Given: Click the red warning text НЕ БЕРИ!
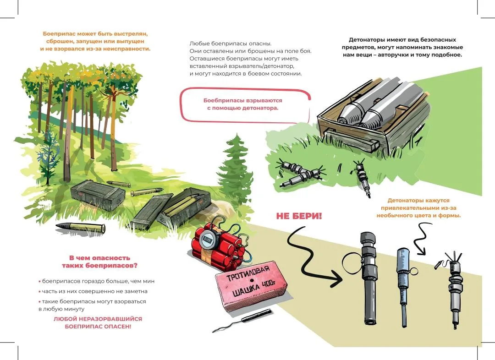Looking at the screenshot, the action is [299, 216].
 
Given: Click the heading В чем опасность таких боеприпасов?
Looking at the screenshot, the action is [99, 262].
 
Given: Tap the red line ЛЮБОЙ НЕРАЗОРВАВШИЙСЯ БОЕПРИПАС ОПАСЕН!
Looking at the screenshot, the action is [98, 322].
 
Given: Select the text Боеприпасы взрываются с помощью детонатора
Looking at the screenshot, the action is [242, 104].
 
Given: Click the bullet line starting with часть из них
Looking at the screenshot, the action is [93, 291].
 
